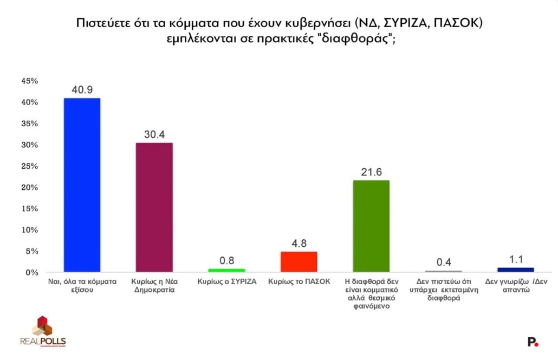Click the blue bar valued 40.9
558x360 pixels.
[x=82, y=185]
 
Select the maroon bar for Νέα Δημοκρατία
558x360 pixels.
[x=154, y=207]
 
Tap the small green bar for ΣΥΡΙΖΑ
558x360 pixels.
[x=226, y=270]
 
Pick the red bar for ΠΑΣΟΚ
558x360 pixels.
[x=299, y=261]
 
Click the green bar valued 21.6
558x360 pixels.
[x=371, y=226]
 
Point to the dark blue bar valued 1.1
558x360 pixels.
[x=515, y=270]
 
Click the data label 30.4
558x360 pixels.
[x=154, y=134]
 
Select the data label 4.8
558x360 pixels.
[x=299, y=243]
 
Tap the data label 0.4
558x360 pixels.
[x=443, y=262]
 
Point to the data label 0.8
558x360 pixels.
[x=226, y=260]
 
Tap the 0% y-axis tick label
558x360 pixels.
[x=31, y=273]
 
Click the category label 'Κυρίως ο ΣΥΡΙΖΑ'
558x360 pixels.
[x=226, y=282]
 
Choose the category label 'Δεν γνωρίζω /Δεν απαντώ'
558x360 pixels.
[x=515, y=285]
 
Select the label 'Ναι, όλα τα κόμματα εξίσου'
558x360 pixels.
[x=82, y=285]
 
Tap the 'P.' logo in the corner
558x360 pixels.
[x=533, y=342]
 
